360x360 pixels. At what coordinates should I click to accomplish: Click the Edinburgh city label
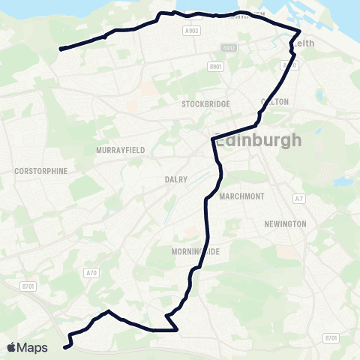(x=258, y=140)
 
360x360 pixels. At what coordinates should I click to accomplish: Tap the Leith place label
(x=304, y=43)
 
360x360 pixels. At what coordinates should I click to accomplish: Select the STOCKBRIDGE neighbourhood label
(x=204, y=104)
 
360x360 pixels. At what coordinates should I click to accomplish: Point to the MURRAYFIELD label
(x=120, y=150)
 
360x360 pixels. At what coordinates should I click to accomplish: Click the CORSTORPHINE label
(x=40, y=171)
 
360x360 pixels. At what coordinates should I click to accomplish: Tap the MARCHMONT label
(x=241, y=196)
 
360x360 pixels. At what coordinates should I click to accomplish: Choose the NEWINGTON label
(x=285, y=224)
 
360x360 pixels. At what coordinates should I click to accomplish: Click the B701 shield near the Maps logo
(x=29, y=286)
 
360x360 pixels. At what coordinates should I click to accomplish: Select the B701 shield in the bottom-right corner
(x=331, y=338)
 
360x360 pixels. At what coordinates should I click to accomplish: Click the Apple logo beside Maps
(x=11, y=347)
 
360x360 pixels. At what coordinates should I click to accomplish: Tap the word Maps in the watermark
(x=32, y=347)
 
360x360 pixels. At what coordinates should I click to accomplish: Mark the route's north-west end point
(x=61, y=49)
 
